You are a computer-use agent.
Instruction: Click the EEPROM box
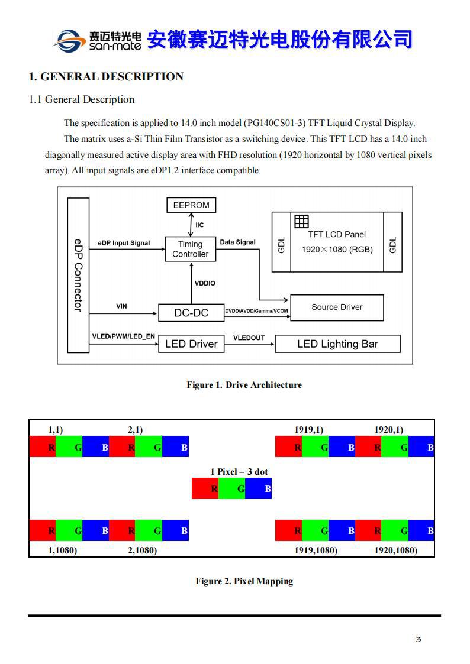point(191,205)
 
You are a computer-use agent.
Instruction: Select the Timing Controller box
point(190,249)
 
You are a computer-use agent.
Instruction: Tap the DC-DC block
point(191,313)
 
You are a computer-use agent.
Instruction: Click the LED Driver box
point(191,344)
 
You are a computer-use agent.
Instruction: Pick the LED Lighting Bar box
point(337,344)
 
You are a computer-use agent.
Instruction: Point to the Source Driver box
point(337,307)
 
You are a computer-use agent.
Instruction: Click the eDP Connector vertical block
point(78,275)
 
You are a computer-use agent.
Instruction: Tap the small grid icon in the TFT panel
point(301,221)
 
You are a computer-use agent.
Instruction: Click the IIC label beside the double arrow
point(200,225)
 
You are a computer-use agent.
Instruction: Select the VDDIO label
point(205,283)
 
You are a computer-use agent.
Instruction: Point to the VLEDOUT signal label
point(249,338)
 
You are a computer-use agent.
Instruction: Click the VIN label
point(121,306)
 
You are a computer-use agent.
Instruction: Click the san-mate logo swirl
point(69,40)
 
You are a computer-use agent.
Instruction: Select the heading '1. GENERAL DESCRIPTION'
point(106,76)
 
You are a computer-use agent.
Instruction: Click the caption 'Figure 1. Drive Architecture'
point(244,385)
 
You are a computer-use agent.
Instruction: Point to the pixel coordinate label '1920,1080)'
point(395,550)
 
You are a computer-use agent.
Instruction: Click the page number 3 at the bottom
point(419,639)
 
